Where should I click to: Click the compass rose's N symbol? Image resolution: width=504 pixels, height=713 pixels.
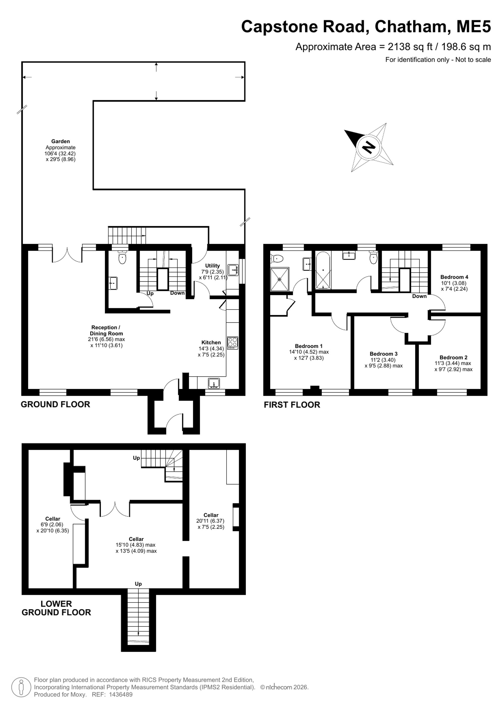pos(369,147)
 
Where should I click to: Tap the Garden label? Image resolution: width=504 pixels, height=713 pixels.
pos(60,141)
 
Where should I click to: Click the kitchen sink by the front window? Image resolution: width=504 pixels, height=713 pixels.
pos(214,383)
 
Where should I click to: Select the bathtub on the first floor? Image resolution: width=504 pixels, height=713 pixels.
pos(323,270)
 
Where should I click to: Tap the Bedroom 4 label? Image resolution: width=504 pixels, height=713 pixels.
pos(454,277)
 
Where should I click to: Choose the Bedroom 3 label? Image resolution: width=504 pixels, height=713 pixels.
pos(384,354)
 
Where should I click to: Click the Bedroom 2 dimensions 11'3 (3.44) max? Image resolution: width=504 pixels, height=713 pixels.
pos(453,363)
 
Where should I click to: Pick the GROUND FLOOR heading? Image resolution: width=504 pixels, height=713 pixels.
pos(55,404)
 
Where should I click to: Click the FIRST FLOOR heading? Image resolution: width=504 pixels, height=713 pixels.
pos(292,405)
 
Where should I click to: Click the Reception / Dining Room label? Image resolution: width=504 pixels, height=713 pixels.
pos(106,331)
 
